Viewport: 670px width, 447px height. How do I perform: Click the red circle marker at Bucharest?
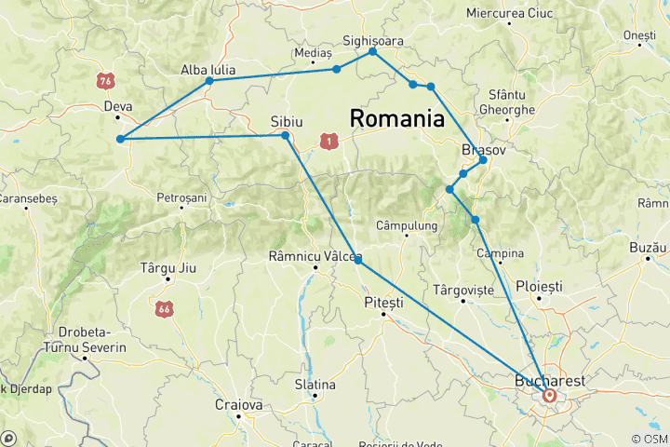pyautogui.click(x=550, y=396)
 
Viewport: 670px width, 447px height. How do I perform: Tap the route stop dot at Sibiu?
pyautogui.click(x=286, y=136)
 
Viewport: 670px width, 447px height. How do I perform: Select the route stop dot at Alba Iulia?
pyautogui.click(x=209, y=81)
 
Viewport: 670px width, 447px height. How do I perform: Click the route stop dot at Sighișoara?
pyautogui.click(x=373, y=51)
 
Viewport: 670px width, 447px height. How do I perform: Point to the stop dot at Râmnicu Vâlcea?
pyautogui.click(x=358, y=260)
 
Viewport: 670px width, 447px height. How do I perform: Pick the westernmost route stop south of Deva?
pyautogui.click(x=120, y=140)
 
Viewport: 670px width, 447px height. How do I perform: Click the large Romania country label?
pyautogui.click(x=395, y=118)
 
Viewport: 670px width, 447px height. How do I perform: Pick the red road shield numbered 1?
pyautogui.click(x=328, y=140)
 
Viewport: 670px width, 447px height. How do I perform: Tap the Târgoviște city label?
pyautogui.click(x=463, y=290)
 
